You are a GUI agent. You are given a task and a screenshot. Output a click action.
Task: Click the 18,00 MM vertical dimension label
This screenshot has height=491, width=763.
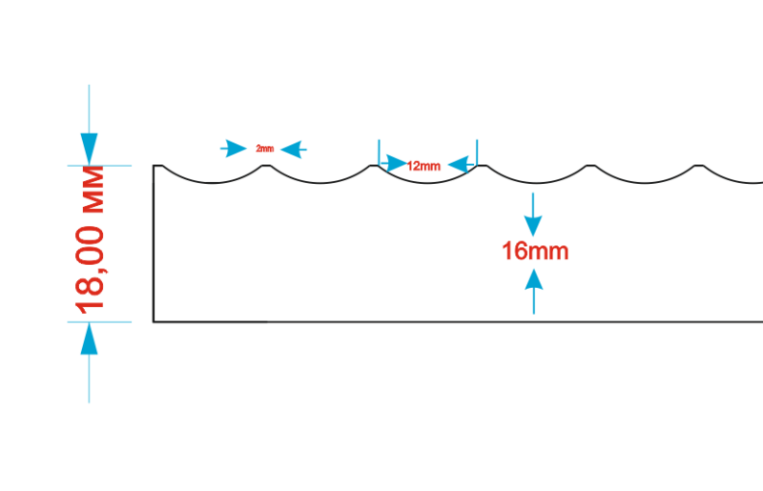click(x=90, y=240)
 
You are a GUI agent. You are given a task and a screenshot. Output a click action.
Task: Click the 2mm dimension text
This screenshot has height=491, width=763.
click(x=265, y=149)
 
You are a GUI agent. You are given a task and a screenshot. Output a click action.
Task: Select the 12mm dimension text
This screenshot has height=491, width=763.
click(x=423, y=166)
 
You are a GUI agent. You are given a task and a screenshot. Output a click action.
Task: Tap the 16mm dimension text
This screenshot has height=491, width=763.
click(x=535, y=251)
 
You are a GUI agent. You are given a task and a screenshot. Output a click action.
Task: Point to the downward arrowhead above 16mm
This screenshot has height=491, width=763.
click(x=533, y=227)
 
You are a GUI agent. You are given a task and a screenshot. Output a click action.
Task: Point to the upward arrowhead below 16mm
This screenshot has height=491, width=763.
click(x=534, y=279)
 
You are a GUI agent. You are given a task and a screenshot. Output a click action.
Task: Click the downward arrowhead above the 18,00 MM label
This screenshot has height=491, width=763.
click(x=89, y=150)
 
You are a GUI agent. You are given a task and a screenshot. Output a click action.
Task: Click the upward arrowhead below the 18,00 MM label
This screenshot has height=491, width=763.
click(x=89, y=338)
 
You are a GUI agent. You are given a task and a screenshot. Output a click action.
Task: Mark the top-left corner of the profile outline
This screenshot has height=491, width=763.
click(x=154, y=166)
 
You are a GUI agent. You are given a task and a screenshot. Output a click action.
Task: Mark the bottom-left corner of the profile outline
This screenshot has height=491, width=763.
click(x=154, y=321)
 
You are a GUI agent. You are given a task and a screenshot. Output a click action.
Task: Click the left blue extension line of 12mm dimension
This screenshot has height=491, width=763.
click(x=379, y=153)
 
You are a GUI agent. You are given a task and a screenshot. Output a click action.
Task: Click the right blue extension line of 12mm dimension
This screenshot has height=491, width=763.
click(x=477, y=153)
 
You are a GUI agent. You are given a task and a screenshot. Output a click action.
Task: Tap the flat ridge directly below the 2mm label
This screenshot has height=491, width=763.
click(x=266, y=166)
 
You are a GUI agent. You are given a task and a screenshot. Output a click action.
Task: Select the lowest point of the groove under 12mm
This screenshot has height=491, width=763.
click(x=427, y=183)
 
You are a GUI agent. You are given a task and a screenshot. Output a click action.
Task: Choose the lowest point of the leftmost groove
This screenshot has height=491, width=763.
click(x=212, y=183)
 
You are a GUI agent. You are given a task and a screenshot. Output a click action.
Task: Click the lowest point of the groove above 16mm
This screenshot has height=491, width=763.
click(x=536, y=183)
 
